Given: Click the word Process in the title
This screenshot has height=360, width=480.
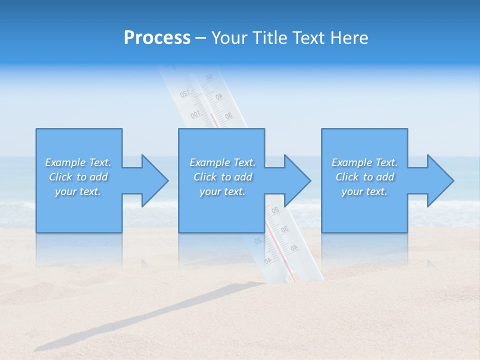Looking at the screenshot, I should click(x=157, y=38).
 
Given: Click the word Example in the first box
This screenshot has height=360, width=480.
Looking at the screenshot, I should click(x=65, y=162).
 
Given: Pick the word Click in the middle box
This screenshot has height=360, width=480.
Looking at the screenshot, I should click(x=205, y=177).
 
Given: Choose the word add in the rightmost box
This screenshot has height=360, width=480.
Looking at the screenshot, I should click(x=385, y=177).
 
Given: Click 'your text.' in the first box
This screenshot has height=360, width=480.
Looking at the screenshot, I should click(x=78, y=191).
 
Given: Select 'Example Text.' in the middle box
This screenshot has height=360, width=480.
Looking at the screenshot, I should click(x=222, y=162).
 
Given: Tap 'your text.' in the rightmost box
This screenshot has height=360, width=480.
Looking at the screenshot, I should click(x=364, y=191).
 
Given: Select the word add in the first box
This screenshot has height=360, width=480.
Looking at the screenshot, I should click(x=98, y=177).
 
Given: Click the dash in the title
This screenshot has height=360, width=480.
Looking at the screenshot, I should click(x=200, y=38).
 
